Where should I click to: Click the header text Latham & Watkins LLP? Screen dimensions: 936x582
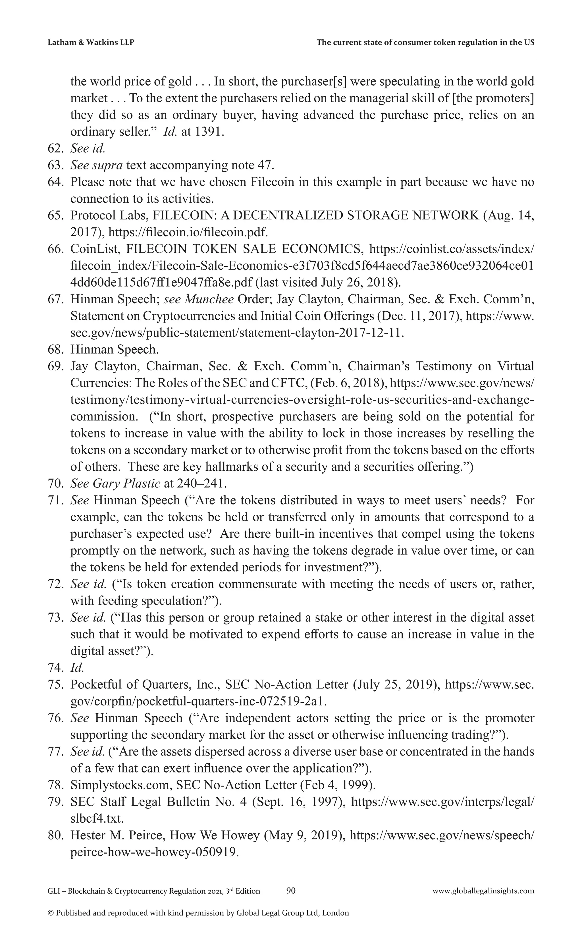click(91, 42)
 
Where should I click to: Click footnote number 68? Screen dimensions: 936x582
click(55, 349)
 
